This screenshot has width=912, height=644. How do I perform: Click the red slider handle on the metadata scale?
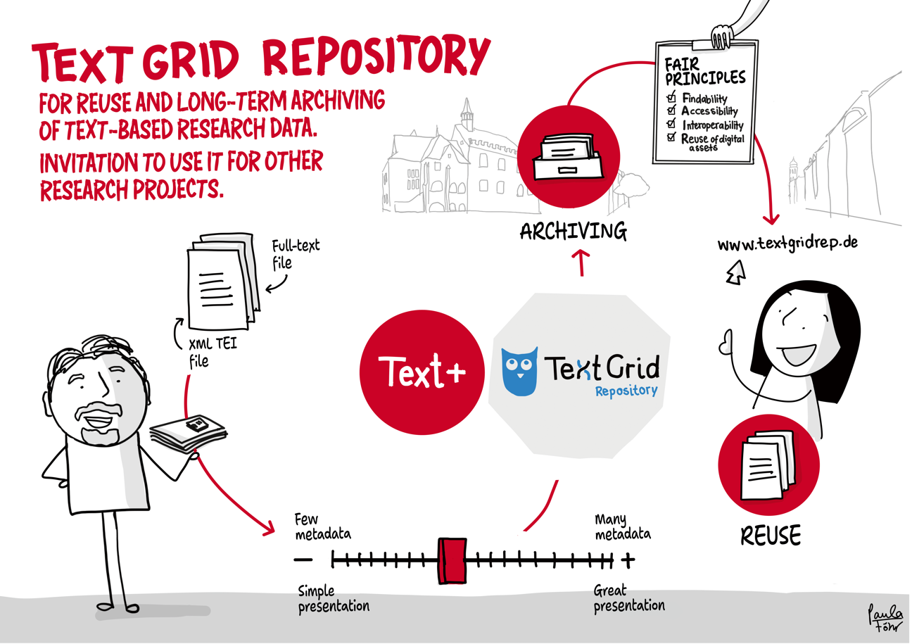(x=451, y=560)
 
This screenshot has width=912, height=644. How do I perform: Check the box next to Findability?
(x=671, y=98)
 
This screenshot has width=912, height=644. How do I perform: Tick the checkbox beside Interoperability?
(x=671, y=124)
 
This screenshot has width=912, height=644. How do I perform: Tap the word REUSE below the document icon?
(x=771, y=536)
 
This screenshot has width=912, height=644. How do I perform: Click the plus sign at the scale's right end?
(x=628, y=560)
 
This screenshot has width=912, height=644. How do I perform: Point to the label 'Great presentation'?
(x=628, y=598)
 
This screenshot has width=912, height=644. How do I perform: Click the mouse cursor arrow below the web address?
(x=735, y=272)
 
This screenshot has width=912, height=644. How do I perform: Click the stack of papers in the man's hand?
(x=190, y=430)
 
